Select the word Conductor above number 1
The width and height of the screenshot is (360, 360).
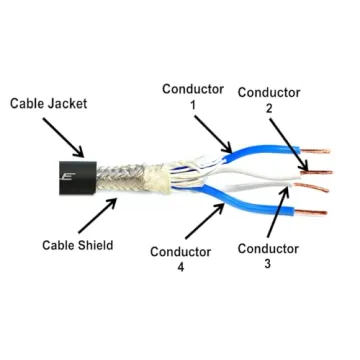tap(192, 89)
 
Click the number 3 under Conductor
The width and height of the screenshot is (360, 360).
tap(265, 264)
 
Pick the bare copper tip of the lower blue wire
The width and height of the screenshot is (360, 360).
tap(310, 212)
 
